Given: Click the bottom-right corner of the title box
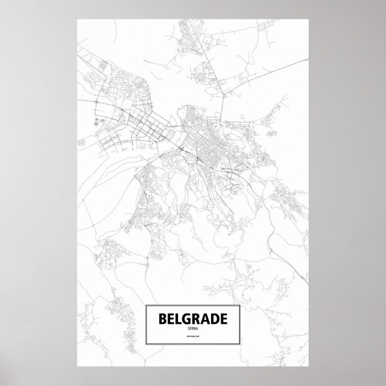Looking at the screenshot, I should pyautogui.click(x=240, y=343).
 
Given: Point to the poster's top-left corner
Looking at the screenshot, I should pyautogui.click(x=78, y=19).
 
